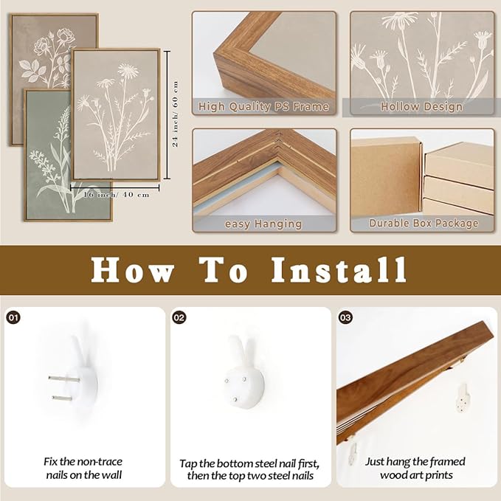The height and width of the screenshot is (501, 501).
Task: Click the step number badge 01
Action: coord(13,317)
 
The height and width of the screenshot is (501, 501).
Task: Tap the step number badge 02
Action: coord(179,317)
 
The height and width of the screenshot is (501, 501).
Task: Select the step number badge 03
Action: coord(345,317)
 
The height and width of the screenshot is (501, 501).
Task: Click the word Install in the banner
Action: coord(339,270)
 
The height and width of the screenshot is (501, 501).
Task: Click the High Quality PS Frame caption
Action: coord(263,107)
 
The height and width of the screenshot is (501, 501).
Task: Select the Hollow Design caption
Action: coord(421,107)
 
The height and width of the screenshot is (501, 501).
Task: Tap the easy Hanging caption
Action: coord(263,223)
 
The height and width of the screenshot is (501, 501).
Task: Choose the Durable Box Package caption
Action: coord(421,223)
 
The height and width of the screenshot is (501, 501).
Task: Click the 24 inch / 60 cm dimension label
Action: coord(175,114)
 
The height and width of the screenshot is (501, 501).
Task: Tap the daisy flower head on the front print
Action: coord(128,71)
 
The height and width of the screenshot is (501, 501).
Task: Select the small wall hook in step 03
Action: coord(463,396)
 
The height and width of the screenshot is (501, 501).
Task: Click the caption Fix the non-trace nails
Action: coord(82,468)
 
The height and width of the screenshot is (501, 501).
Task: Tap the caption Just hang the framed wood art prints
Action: coord(418,468)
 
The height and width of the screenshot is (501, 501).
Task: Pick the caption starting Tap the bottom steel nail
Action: coord(249,469)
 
